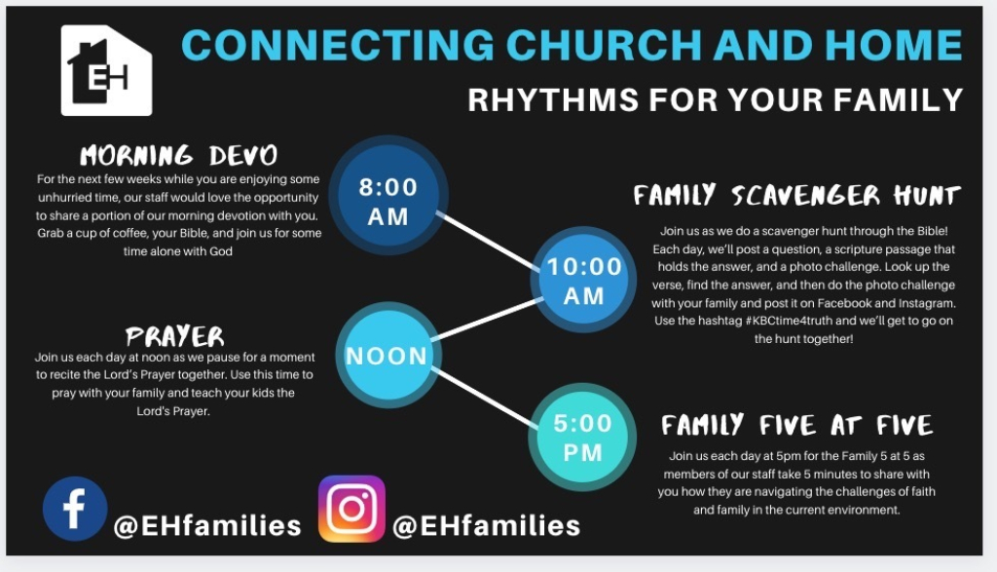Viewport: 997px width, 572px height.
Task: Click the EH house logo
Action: [106, 70]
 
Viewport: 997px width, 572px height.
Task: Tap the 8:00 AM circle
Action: [388, 195]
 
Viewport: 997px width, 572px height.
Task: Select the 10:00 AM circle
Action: [584, 280]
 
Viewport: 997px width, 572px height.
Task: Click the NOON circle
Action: [388, 355]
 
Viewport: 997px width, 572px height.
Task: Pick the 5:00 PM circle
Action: [582, 438]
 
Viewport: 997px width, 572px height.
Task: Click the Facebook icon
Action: [75, 509]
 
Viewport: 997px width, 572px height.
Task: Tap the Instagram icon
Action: [351, 509]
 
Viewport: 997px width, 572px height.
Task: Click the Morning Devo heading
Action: [179, 155]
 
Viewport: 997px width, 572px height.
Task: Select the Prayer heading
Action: [175, 336]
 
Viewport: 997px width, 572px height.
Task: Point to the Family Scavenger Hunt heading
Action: [796, 195]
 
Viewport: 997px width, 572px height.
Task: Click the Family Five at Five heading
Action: [796, 425]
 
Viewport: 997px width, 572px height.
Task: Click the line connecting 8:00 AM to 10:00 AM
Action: [488, 241]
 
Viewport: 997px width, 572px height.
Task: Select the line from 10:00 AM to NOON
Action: [488, 319]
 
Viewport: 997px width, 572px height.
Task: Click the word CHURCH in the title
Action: [604, 45]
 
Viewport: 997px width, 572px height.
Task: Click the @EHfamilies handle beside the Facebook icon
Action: [207, 526]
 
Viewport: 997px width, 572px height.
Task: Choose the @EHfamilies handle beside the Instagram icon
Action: [487, 526]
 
